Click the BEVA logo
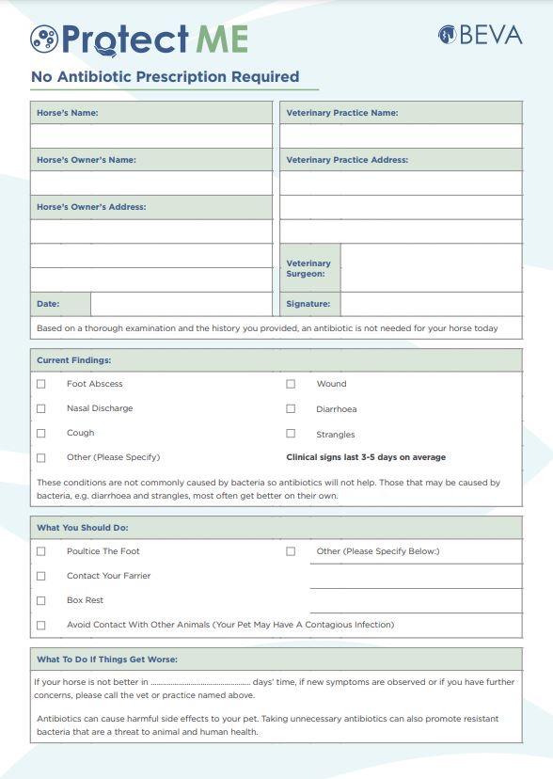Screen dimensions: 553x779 point(480,35)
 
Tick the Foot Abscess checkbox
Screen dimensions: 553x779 point(40,384)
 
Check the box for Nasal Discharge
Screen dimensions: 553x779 point(40,408)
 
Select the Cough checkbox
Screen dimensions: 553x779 point(40,433)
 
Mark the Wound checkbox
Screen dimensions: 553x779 point(291,384)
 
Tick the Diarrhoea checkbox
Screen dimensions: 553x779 point(291,409)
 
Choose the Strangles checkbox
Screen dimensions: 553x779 point(291,434)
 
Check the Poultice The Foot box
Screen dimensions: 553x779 point(40,551)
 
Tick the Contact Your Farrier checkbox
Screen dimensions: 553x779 point(40,576)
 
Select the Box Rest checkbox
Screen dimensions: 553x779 point(40,600)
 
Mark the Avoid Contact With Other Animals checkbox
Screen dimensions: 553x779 point(40,625)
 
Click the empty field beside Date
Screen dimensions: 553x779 point(181,304)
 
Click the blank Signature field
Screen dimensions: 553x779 point(431,304)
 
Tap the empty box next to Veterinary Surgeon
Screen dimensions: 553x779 point(431,268)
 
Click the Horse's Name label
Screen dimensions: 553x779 point(67,113)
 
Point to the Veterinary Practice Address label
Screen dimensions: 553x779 point(347,160)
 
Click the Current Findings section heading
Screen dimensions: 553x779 point(73,360)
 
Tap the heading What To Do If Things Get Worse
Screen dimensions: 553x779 point(106,659)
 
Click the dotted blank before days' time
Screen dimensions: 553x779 point(200,682)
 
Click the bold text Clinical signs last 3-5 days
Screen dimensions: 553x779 point(366,457)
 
